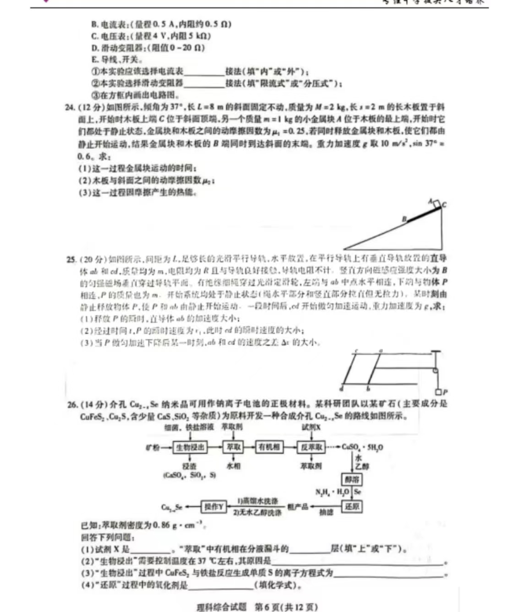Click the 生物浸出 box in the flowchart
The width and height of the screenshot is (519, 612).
tap(190, 447)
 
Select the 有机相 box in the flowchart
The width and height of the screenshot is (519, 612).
tap(269, 447)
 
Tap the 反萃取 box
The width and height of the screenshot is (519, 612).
tap(311, 447)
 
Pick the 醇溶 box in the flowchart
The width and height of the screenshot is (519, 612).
tap(352, 480)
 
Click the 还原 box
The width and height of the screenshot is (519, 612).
tap(352, 507)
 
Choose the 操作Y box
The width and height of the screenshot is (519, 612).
tap(213, 507)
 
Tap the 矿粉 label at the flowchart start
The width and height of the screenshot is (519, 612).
tap(153, 447)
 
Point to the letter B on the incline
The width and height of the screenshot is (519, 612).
tap(404, 219)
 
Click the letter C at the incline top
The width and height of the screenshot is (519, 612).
tap(444, 205)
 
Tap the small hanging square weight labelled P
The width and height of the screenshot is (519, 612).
tap(438, 392)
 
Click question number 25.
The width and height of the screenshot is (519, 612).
tap(71, 259)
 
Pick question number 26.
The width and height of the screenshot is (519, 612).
tap(72, 404)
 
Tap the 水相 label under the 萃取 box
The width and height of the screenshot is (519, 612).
tap(234, 466)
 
